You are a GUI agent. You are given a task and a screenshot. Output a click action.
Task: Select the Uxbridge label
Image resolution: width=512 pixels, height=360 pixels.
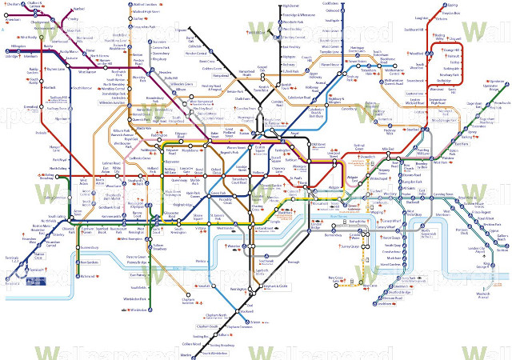[10, 57]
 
